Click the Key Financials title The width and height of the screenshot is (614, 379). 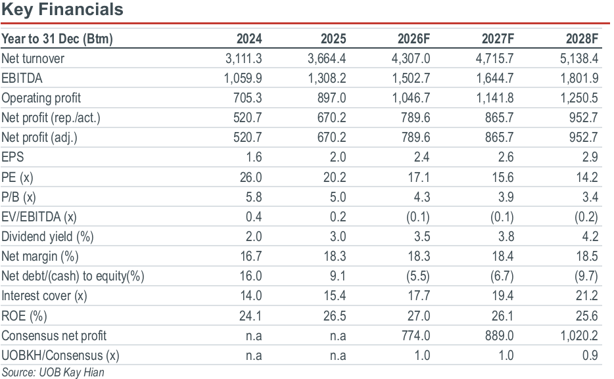[x=62, y=9]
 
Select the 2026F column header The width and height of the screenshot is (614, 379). [x=413, y=39]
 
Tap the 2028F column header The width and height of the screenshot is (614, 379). [x=582, y=39]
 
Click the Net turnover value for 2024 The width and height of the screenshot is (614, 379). [x=244, y=58]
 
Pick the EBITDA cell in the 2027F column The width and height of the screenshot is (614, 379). [x=494, y=78]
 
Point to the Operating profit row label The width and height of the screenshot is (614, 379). [x=41, y=98]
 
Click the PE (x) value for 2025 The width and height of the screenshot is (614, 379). [x=335, y=177]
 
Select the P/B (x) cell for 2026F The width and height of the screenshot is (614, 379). [x=422, y=197]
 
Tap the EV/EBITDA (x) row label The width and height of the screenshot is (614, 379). [x=39, y=217]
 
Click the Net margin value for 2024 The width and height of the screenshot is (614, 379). [x=250, y=256]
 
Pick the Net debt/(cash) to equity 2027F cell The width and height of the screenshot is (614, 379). [x=502, y=276]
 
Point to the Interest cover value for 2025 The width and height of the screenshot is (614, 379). [x=335, y=296]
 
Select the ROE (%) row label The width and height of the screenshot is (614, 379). [x=24, y=316]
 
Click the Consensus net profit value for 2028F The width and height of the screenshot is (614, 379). [x=579, y=336]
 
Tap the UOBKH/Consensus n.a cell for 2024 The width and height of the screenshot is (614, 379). [x=254, y=355]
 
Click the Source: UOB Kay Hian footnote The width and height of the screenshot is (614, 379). [x=53, y=372]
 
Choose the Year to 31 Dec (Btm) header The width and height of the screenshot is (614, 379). [x=57, y=39]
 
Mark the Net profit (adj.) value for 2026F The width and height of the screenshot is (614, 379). [x=415, y=137]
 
